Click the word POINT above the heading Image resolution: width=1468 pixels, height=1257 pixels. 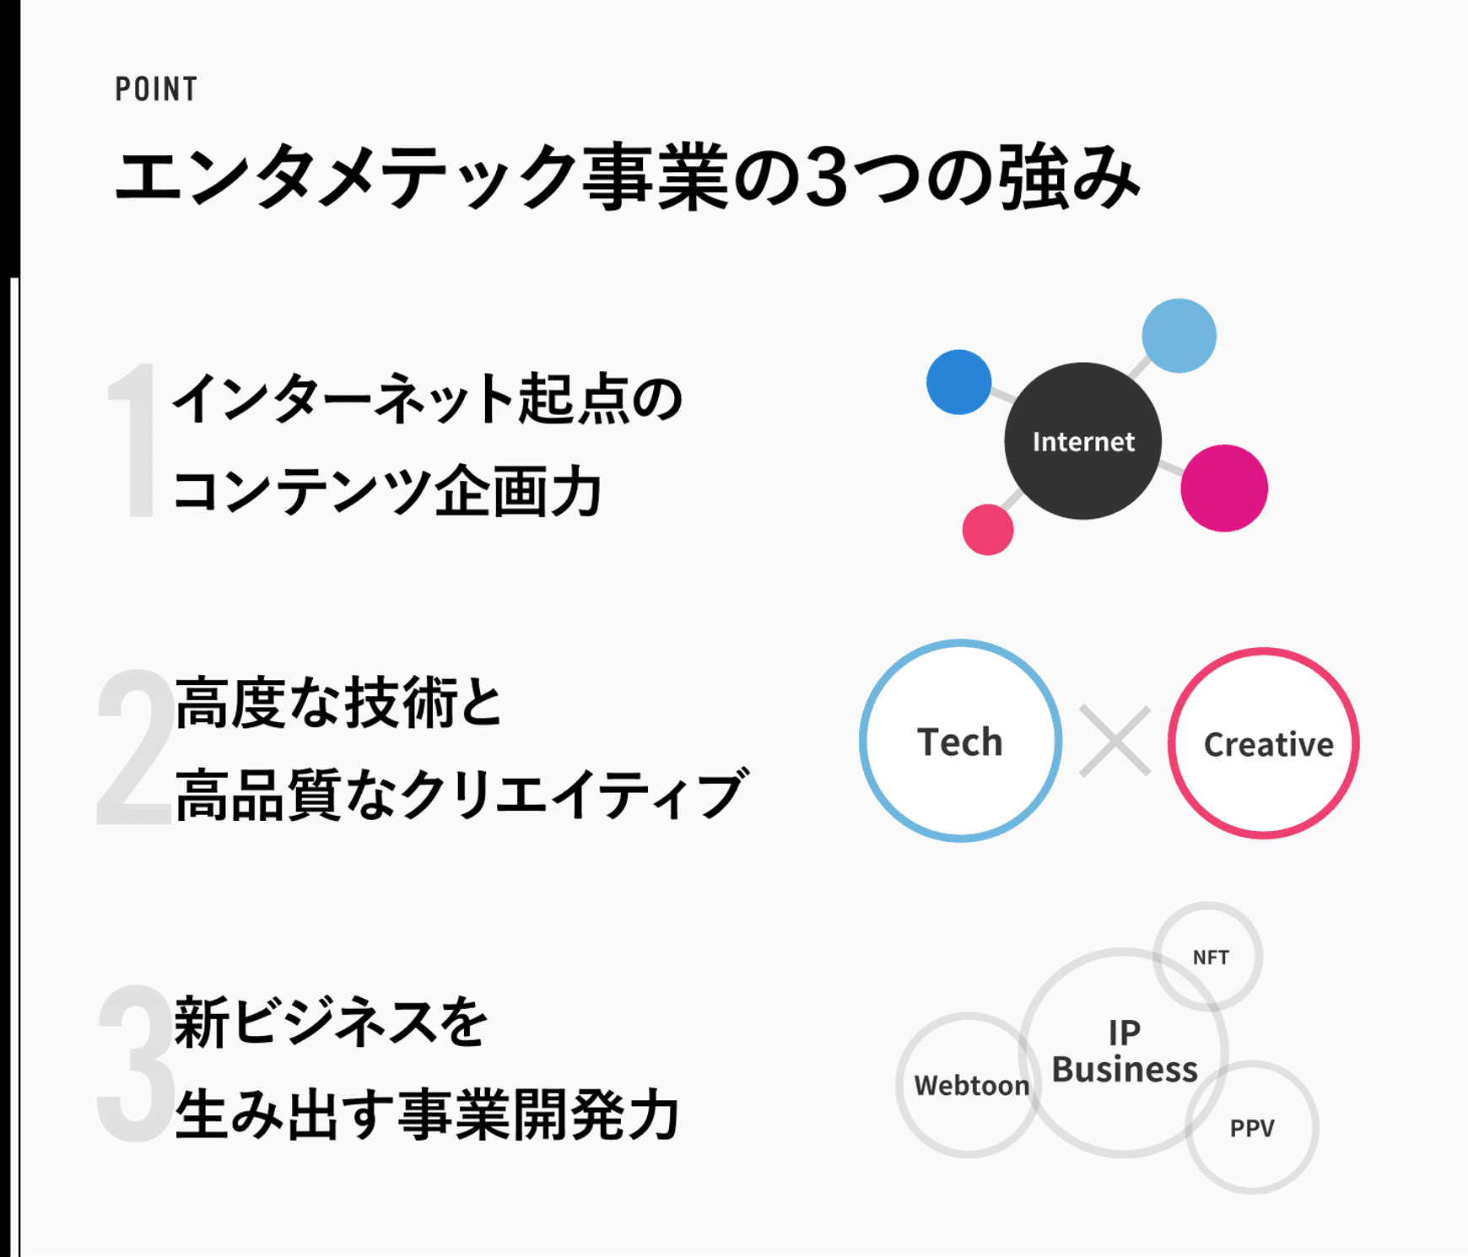click(x=156, y=89)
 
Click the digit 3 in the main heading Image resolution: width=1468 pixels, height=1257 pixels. click(x=826, y=176)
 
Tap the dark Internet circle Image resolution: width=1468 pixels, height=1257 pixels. click(x=1083, y=441)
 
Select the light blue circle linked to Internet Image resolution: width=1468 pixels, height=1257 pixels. click(x=1179, y=335)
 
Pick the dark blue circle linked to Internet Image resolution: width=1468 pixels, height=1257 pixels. click(x=959, y=382)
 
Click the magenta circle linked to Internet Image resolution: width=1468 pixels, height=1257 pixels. click(x=1224, y=488)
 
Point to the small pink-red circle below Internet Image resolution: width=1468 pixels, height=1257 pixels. click(x=988, y=530)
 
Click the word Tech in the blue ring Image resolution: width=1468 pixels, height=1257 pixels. click(x=960, y=742)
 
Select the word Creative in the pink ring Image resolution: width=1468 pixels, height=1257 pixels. click(x=1268, y=744)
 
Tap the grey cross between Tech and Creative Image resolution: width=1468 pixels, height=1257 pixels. click(x=1115, y=742)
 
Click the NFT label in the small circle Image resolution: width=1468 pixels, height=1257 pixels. click(x=1211, y=958)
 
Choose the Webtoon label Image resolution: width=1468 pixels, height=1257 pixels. click(x=972, y=1086)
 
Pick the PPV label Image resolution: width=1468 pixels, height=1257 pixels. click(x=1252, y=1129)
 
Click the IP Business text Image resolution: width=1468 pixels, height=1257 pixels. click(x=1125, y=1051)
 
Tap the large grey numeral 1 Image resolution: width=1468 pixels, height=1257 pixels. click(x=133, y=440)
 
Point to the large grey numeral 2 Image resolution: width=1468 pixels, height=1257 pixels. click(x=135, y=747)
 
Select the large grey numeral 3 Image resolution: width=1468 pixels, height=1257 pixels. click(x=136, y=1063)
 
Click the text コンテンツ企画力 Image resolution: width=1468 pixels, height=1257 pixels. click(x=387, y=491)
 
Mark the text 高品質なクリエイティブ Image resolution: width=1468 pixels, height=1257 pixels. click(x=461, y=795)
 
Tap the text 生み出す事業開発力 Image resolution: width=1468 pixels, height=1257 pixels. click(x=427, y=1114)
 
